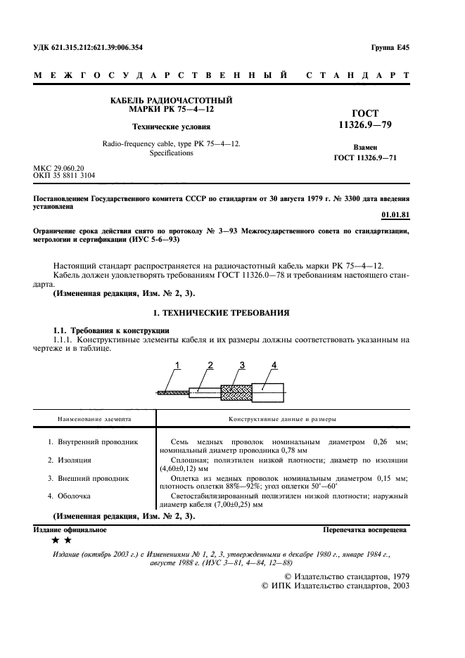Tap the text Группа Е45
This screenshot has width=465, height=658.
(389, 48)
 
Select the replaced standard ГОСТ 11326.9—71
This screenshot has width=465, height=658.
(365, 157)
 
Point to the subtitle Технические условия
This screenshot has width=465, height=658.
(172, 127)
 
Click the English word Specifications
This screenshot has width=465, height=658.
(172, 153)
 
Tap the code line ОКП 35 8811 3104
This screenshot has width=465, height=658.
(65, 176)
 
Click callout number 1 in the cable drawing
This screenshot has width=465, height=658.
(178, 364)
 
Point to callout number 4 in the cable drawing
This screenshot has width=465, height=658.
(274, 364)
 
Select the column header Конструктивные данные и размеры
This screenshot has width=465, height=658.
(281, 419)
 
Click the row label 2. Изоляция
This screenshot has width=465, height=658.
(70, 460)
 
